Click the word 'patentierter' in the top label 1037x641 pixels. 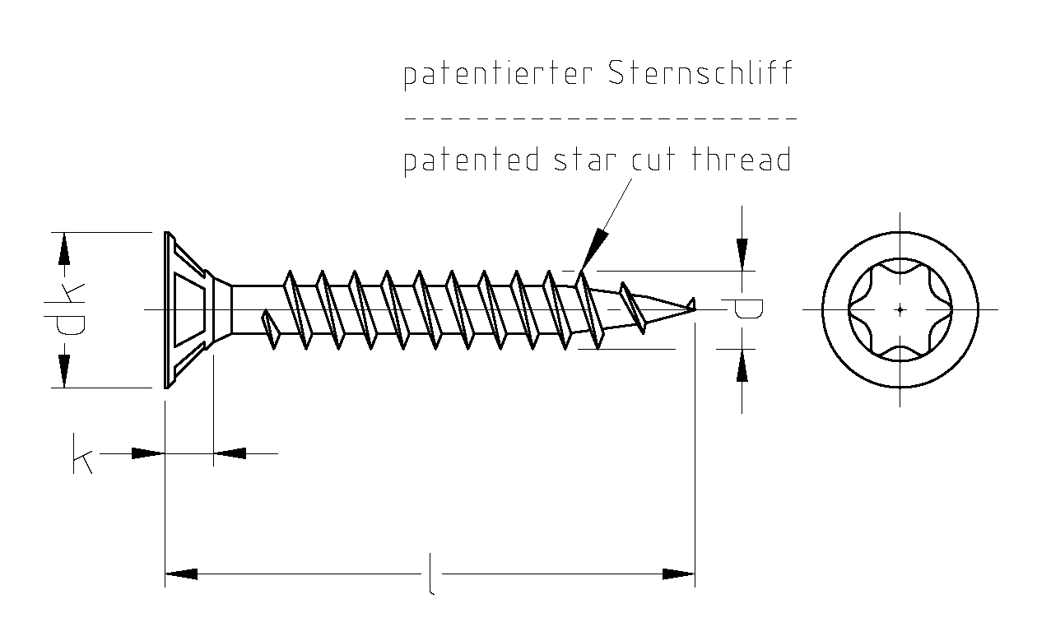click(497, 75)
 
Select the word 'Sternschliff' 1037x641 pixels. click(700, 73)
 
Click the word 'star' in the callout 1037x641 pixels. click(584, 160)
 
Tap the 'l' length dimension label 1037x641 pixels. click(430, 574)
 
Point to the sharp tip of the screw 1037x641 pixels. click(693, 305)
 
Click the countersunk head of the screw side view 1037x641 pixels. click(189, 309)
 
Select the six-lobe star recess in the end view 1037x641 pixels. click(900, 309)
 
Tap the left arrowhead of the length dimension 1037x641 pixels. click(181, 574)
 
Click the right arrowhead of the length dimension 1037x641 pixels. click(679, 574)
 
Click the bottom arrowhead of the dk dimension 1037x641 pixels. click(63, 369)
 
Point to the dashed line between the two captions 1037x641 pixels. click(600, 118)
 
